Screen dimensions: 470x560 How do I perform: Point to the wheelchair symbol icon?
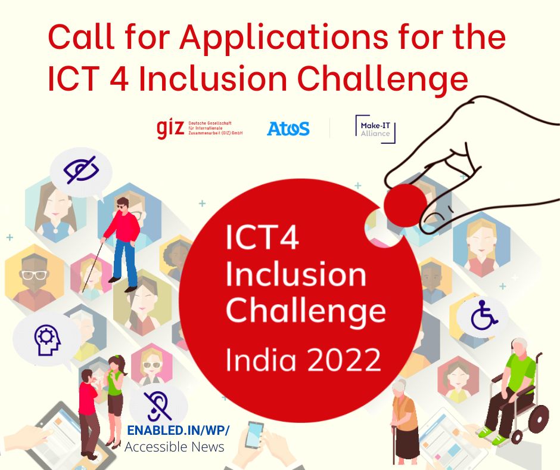pyautogui.click(x=483, y=316)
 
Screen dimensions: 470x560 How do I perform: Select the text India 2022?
pyautogui.click(x=303, y=359)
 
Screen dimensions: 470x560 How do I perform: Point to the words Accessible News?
pyautogui.click(x=174, y=446)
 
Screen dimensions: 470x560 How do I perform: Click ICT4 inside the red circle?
pyautogui.click(x=262, y=239)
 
